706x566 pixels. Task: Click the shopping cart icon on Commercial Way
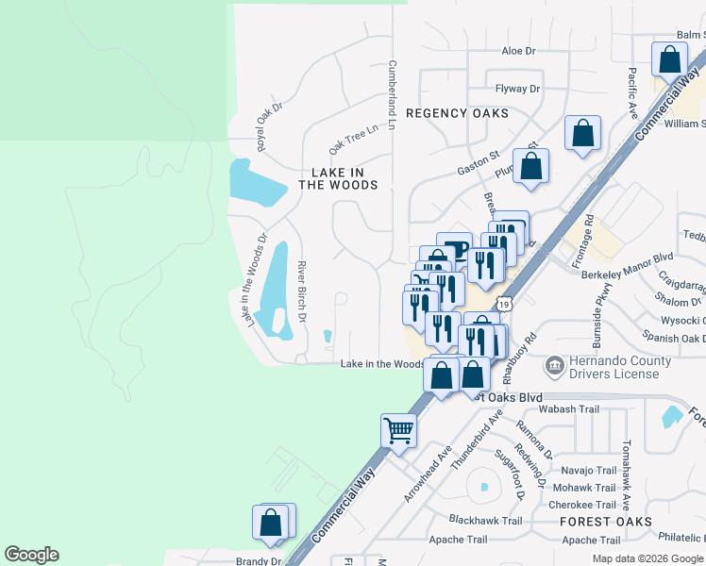[x=399, y=430]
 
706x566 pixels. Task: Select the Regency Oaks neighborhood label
[x=457, y=113]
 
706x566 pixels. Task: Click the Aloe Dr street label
[x=518, y=51]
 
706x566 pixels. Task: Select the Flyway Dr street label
[x=518, y=90]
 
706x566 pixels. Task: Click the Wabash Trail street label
[x=569, y=409]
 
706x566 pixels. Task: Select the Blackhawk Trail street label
[x=485, y=521]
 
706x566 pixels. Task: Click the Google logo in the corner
[x=31, y=555]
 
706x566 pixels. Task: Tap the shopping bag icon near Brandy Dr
[x=271, y=522]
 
